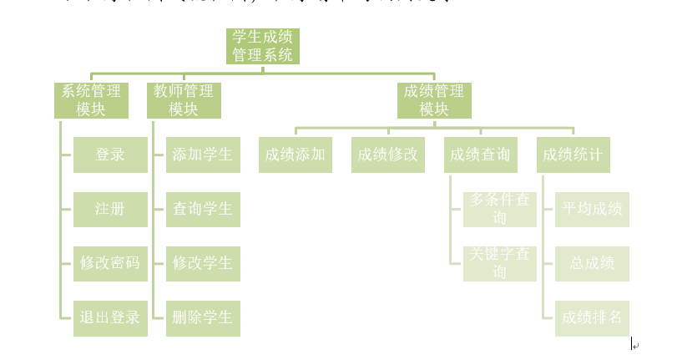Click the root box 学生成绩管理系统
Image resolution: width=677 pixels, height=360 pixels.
click(263, 46)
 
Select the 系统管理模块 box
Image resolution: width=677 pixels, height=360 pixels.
click(91, 100)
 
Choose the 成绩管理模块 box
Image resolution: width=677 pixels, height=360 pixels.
click(434, 100)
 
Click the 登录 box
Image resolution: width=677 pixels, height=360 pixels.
click(110, 155)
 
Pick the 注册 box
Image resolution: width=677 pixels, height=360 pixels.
click(110, 209)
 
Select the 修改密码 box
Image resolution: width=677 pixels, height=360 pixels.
click(110, 263)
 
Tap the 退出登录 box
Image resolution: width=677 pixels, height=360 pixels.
click(110, 317)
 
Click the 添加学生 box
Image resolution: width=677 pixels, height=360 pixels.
click(203, 155)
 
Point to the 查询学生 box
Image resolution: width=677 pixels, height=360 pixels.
click(203, 209)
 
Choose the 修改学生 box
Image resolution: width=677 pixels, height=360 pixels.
click(203, 263)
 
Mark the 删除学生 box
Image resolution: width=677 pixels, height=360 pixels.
click(203, 317)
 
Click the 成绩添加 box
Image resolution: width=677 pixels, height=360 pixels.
click(296, 155)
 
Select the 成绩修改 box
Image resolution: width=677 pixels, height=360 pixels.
click(388, 155)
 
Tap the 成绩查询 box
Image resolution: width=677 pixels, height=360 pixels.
click(480, 155)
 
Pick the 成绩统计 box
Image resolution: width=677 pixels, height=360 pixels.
click(573, 155)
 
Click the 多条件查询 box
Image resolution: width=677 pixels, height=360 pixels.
click(499, 209)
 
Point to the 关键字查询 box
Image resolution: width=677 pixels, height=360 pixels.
click(499, 263)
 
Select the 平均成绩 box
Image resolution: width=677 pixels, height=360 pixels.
click(592, 209)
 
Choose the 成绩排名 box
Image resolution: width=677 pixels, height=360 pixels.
click(592, 317)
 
